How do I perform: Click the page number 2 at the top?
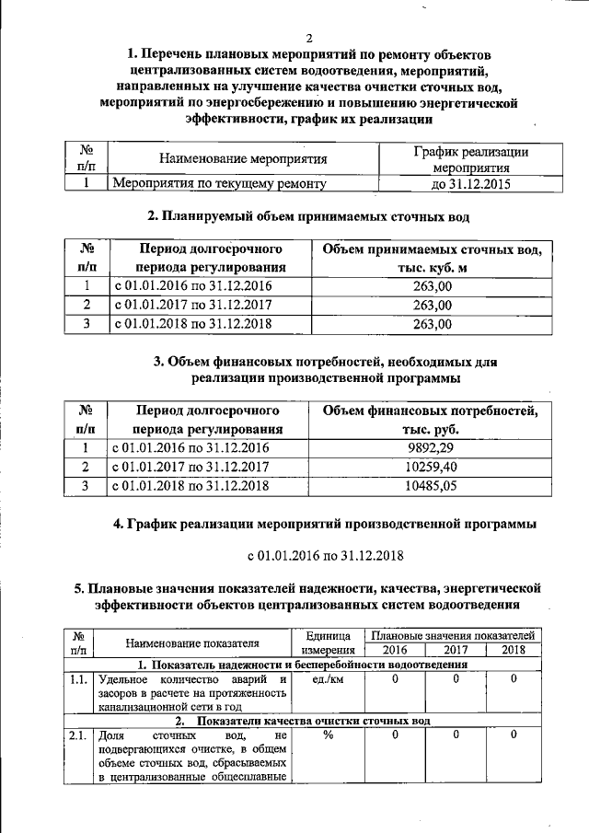309,38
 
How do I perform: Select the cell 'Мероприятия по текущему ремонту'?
219,183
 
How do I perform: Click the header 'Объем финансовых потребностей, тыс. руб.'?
430,419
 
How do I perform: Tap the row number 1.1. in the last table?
78,679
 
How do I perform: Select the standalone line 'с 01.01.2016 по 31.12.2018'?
326,557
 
